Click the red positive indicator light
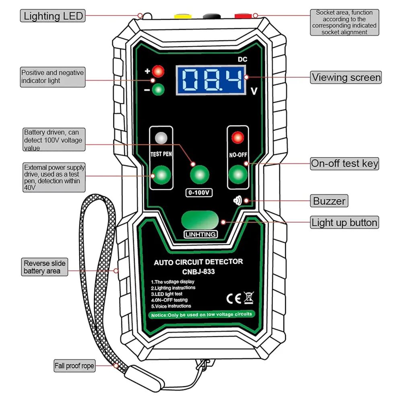[x=158, y=72]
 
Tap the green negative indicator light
[x=158, y=90]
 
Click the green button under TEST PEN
[x=161, y=175]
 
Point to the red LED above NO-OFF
[x=238, y=138]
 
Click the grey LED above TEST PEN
[x=161, y=138]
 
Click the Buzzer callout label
[x=329, y=201]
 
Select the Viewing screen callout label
[x=346, y=77]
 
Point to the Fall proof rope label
[x=74, y=366]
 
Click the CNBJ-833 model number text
[x=199, y=271]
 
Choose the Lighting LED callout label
[x=53, y=16]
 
